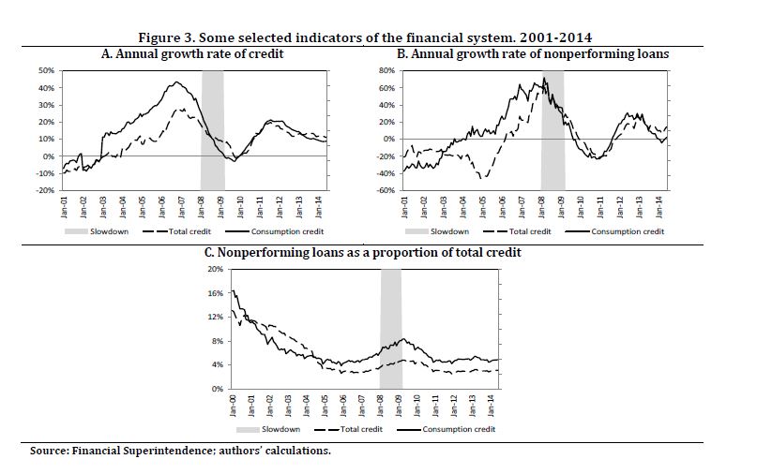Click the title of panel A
[x=192, y=54]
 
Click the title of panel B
[x=533, y=54]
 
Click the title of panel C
[x=363, y=253]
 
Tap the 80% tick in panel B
[x=385, y=70]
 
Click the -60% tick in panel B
[x=384, y=190]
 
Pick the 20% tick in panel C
[x=215, y=269]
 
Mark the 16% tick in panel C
[x=215, y=293]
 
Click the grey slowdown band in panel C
[x=391, y=328]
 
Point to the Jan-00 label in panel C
[x=234, y=406]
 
